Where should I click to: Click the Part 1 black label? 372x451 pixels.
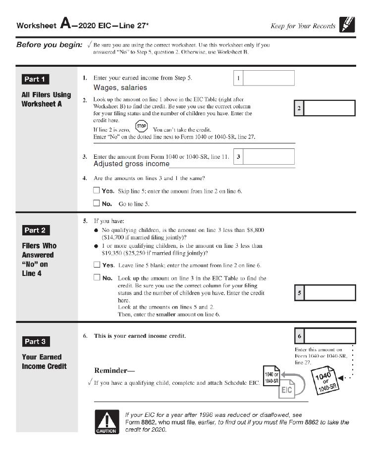36,79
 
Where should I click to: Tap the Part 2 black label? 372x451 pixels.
36,230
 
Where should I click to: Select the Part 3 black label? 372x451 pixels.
36,341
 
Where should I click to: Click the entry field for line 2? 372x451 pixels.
329,108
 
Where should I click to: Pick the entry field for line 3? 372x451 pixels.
269,157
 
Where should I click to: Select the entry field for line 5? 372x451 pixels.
329,293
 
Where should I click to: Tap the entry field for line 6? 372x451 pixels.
329,336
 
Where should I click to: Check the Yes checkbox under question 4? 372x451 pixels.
97,190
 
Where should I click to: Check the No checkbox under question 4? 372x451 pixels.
97,203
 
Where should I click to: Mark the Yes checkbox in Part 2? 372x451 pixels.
97,265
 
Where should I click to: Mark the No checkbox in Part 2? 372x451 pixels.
97,277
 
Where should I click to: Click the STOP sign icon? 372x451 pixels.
141,126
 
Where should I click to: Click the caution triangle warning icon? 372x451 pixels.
105,421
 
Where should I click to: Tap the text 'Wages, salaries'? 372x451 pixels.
120,88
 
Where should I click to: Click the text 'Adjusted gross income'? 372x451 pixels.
131,164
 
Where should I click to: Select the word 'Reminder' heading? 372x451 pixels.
114,370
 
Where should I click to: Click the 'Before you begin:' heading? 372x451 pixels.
49,45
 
